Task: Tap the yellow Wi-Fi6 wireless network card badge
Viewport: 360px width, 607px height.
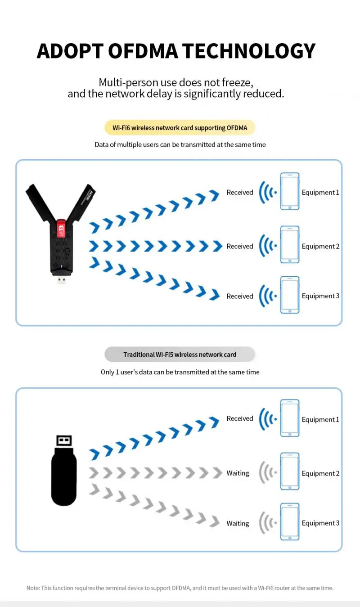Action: pos(180,128)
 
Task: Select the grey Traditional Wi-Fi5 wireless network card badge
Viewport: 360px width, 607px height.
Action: pos(180,355)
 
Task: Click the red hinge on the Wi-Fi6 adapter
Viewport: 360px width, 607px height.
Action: pos(62,229)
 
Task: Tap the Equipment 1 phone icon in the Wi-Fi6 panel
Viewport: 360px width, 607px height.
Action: pos(289,191)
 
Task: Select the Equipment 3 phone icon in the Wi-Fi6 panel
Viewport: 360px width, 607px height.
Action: pos(289,295)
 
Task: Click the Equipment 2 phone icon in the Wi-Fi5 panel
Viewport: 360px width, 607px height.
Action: pos(289,472)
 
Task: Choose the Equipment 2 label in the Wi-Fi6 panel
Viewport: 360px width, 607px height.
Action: pos(320,247)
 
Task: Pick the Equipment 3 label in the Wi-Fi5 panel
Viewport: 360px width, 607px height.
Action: pos(320,523)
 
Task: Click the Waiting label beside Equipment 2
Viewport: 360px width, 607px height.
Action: pos(238,473)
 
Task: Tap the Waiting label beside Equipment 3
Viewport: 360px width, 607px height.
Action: pos(238,523)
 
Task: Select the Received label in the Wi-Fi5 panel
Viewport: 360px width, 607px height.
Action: pos(240,418)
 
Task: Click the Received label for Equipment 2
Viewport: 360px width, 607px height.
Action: pos(240,247)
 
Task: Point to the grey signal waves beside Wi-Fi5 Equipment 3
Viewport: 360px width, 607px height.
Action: pos(267,523)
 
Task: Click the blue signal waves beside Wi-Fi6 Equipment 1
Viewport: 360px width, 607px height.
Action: pos(268,192)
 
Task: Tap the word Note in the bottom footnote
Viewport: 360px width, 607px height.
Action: pos(33,588)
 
